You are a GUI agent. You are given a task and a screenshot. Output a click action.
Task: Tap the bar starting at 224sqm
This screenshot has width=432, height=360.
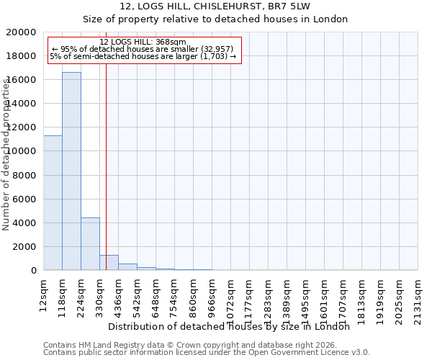(90, 244)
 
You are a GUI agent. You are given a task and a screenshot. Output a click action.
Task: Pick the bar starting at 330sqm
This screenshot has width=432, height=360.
(109, 263)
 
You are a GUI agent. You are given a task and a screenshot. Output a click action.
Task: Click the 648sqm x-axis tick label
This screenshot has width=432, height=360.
(156, 294)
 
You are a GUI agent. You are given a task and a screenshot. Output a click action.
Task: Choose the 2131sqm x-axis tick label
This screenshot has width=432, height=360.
(418, 297)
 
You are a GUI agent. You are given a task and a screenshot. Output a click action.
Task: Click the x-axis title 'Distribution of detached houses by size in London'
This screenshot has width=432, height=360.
(233, 326)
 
